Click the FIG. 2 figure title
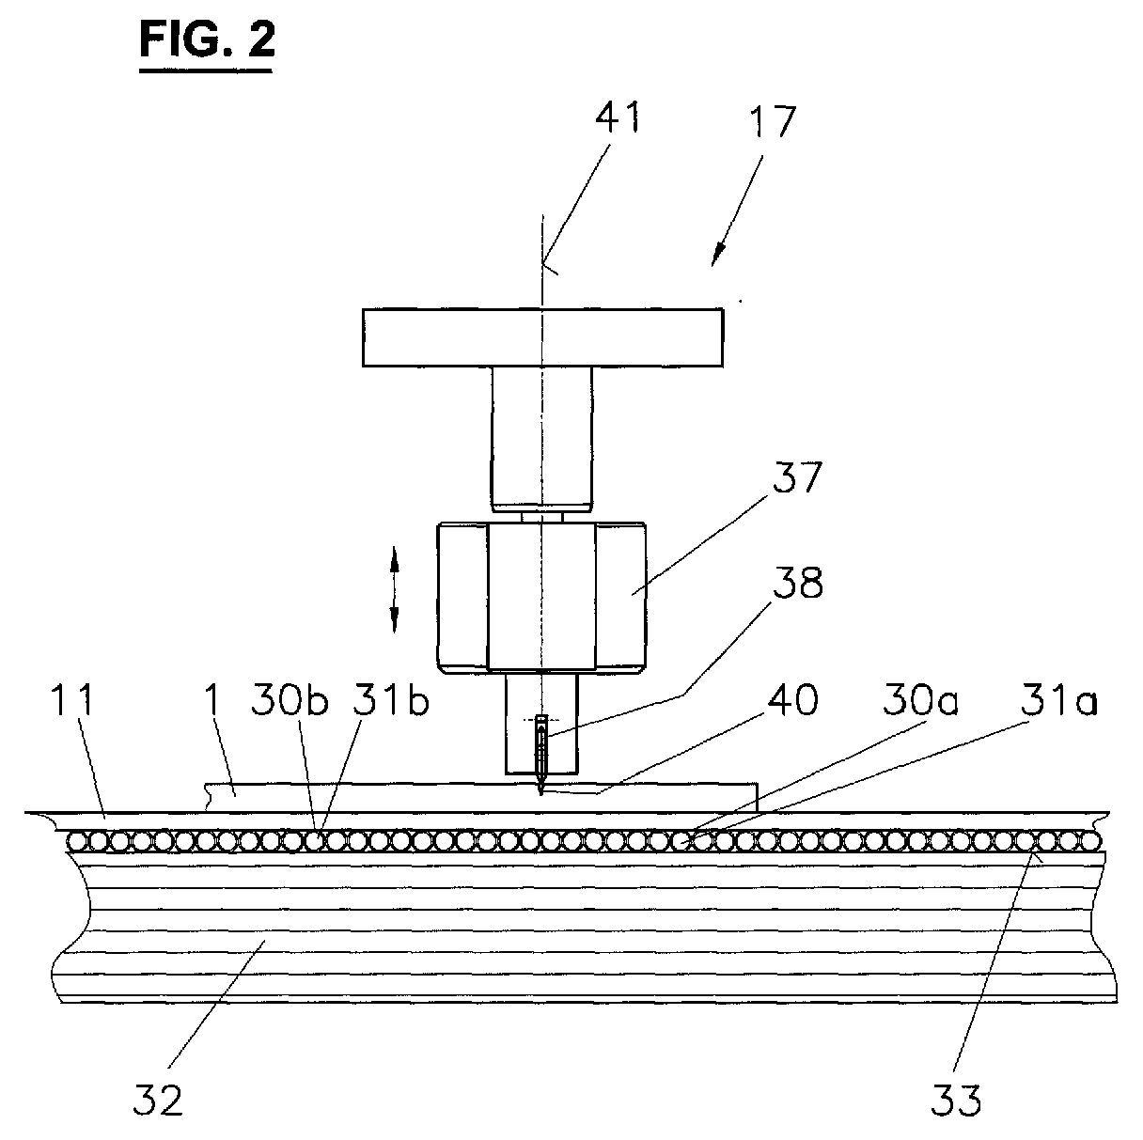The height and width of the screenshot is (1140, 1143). [207, 40]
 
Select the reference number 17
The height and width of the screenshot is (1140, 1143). [771, 121]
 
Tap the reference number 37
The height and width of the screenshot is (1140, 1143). [797, 477]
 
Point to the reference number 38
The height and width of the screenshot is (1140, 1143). [797, 583]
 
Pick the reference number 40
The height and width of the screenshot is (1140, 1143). [792, 700]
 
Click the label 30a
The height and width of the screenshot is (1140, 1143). [920, 700]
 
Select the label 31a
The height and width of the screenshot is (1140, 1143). [1058, 700]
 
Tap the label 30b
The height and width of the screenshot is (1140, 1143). [290, 700]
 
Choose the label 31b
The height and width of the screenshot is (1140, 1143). [390, 700]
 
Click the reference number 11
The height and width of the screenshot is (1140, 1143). [71, 700]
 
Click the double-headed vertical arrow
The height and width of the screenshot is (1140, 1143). [394, 590]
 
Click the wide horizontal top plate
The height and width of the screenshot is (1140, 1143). [542, 337]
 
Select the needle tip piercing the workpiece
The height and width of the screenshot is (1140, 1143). [540, 793]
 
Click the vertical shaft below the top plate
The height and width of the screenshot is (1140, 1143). [542, 439]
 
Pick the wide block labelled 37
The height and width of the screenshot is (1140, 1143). [541, 598]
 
